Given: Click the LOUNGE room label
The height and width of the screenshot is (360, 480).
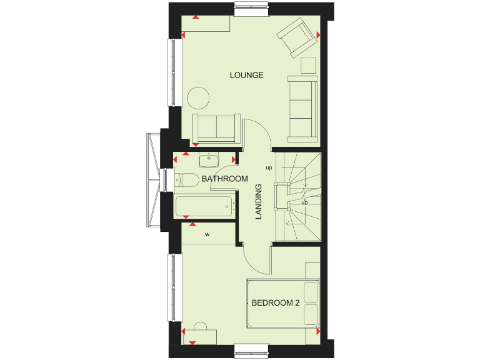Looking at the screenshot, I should coord(246,76).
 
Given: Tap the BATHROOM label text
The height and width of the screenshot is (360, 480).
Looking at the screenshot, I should coord(224,179).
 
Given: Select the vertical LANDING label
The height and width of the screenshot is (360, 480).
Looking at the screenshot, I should coord(258,201).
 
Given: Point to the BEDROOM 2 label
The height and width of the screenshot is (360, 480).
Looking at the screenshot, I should coord(276,303).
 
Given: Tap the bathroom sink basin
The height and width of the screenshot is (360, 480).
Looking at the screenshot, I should coord(209,161).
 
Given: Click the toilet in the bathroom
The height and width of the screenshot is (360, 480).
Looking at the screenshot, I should coord(187,180).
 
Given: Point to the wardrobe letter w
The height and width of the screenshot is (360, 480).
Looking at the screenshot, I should coord(207,235).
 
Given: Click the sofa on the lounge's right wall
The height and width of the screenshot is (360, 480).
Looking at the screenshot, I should coord(303,108).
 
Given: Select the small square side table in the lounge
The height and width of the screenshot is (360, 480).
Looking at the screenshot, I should coord(309,65).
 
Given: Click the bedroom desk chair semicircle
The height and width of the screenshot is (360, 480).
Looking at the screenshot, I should coord(201,325).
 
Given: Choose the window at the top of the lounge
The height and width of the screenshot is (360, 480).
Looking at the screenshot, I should coord(253,9).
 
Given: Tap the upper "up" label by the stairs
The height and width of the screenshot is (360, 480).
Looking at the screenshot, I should coord(269,168).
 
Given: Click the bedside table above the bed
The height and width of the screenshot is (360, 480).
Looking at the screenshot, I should coord(312,271).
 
